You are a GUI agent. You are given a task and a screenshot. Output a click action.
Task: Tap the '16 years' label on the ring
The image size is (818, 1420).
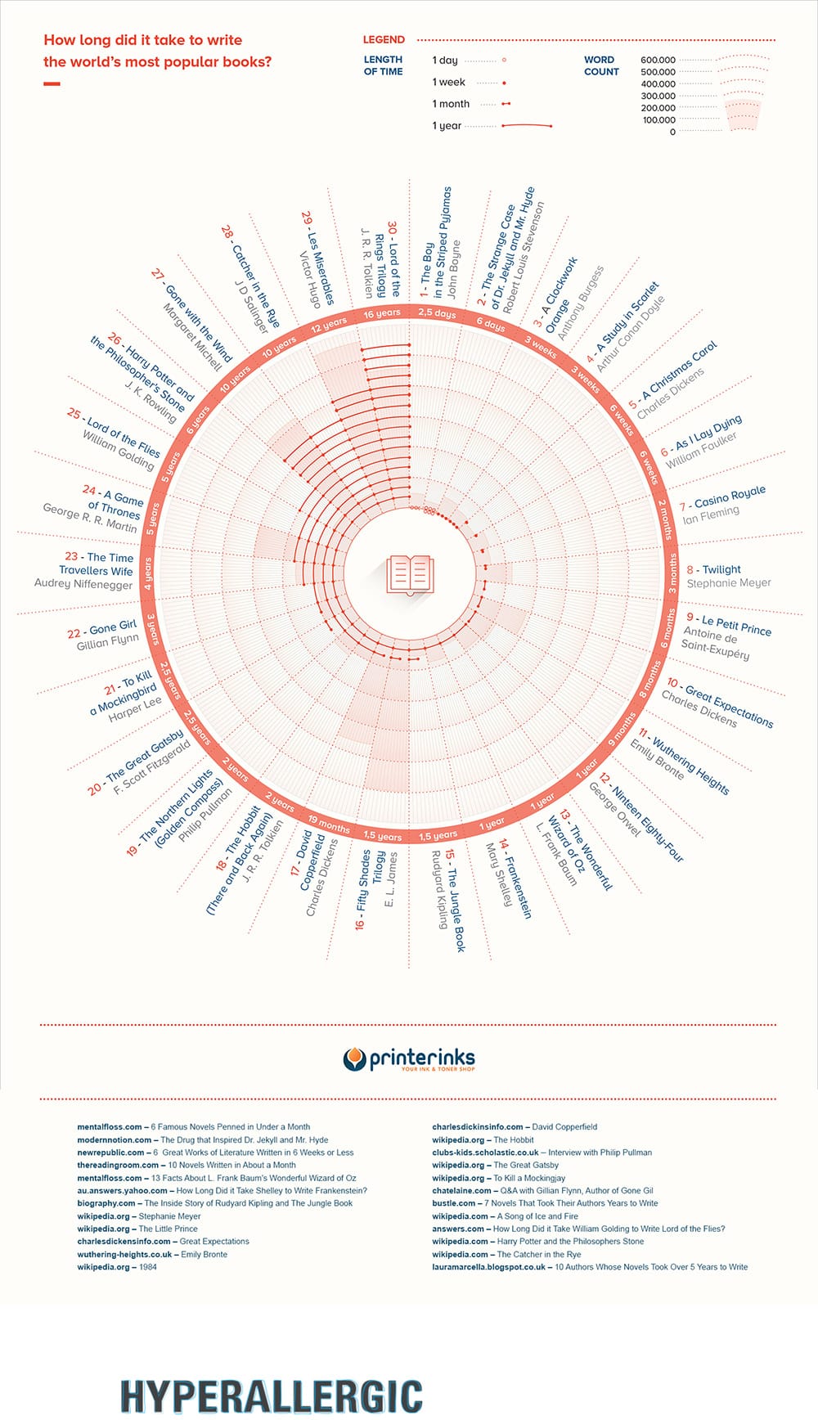[x=382, y=313]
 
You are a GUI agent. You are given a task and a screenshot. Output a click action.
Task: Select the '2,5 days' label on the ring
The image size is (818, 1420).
[x=437, y=312]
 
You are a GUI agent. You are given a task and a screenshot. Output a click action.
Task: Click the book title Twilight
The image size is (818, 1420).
[x=721, y=569]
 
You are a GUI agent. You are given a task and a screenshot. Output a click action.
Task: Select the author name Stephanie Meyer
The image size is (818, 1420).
[x=729, y=583]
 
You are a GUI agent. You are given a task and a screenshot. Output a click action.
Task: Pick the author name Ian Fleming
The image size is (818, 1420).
[x=711, y=514]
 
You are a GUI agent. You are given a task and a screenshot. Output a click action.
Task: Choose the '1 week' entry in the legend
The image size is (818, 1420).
[x=449, y=82]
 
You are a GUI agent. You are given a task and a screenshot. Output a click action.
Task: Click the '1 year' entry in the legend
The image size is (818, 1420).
[x=447, y=126]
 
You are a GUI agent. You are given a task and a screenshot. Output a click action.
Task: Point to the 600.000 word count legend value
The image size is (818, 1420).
[x=658, y=60]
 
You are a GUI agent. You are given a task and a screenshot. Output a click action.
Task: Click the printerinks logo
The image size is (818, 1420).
[x=409, y=1059]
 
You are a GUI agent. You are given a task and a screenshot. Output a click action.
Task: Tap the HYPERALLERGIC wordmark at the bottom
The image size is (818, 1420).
[x=272, y=1395]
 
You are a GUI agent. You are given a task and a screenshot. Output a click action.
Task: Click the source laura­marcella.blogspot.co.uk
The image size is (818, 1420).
[x=488, y=1267]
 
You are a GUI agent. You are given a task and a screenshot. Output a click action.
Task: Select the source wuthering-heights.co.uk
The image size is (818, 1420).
[x=124, y=1254]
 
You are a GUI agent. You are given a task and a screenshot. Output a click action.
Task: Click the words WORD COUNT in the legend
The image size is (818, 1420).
[x=601, y=65]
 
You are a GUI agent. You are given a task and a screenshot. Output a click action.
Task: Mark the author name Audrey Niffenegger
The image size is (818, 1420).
[x=83, y=584]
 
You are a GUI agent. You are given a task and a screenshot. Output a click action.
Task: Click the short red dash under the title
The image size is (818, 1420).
[x=52, y=83]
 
